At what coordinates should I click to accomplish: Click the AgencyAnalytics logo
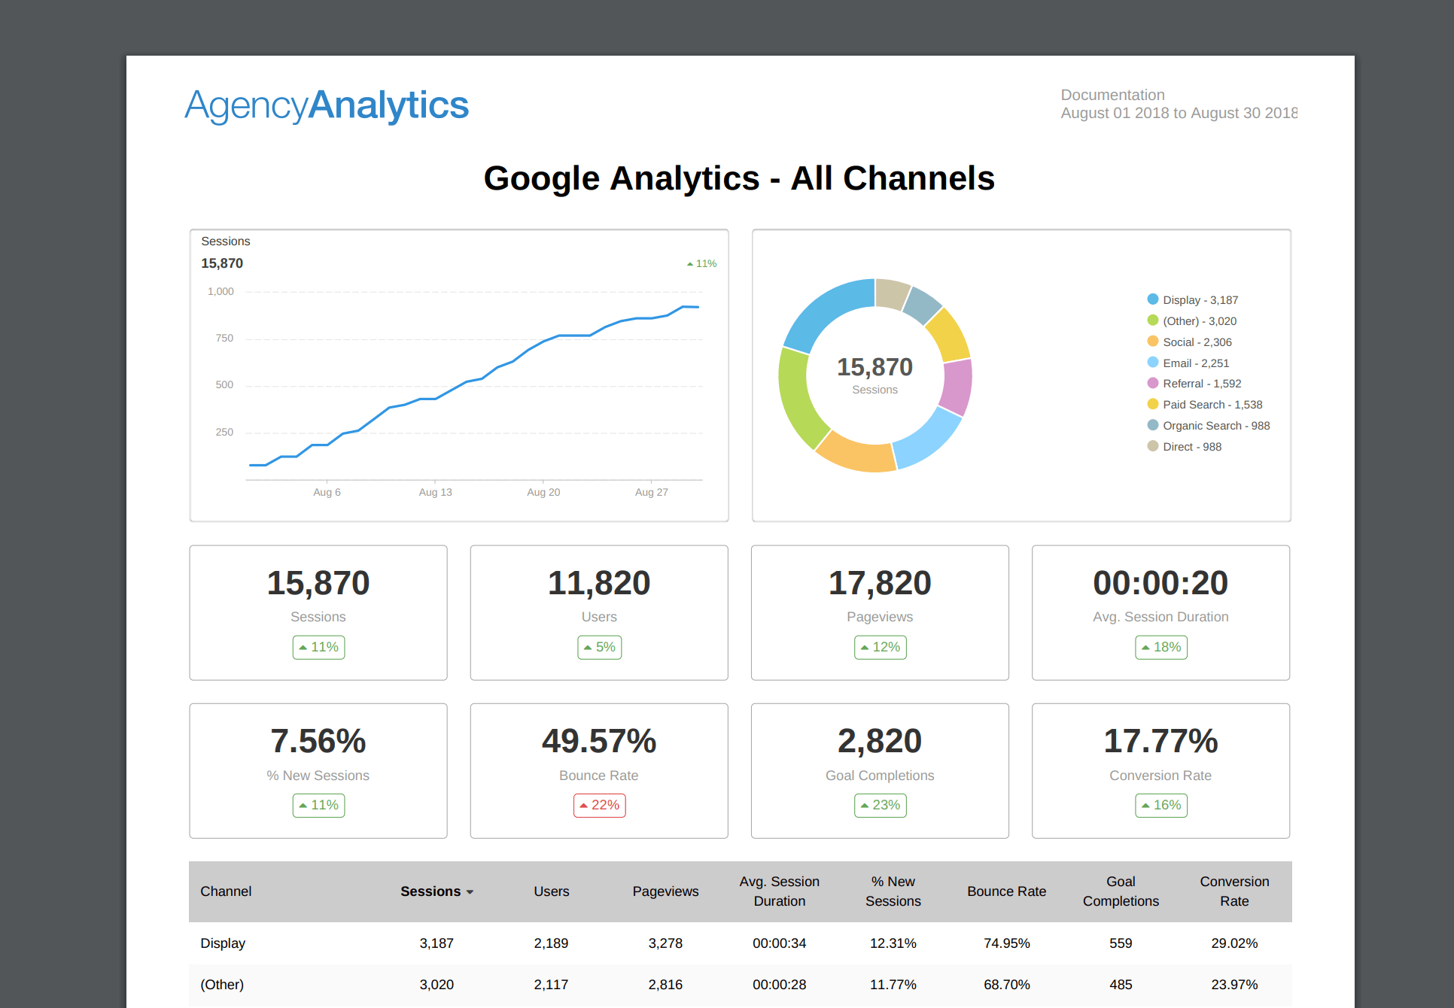327,105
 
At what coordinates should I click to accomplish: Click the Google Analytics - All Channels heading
739,178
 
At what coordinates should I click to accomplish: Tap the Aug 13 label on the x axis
435,492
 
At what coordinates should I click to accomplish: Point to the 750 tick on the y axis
224,339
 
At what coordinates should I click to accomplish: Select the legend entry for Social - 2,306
1197,342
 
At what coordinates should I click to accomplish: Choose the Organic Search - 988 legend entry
1215,426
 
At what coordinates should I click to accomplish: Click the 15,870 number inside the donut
875,367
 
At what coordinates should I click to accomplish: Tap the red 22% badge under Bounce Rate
599,805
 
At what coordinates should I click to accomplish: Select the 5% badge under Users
599,647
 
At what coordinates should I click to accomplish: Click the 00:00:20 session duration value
1160,583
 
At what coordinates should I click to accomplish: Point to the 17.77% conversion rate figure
1160,741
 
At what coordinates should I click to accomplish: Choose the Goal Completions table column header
1121,891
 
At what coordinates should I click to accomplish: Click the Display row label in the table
223,943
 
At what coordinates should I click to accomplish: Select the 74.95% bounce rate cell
1006,943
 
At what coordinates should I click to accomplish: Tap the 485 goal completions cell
1121,985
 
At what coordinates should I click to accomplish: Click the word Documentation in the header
1112,95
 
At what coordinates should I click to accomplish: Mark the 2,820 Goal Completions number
879,741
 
